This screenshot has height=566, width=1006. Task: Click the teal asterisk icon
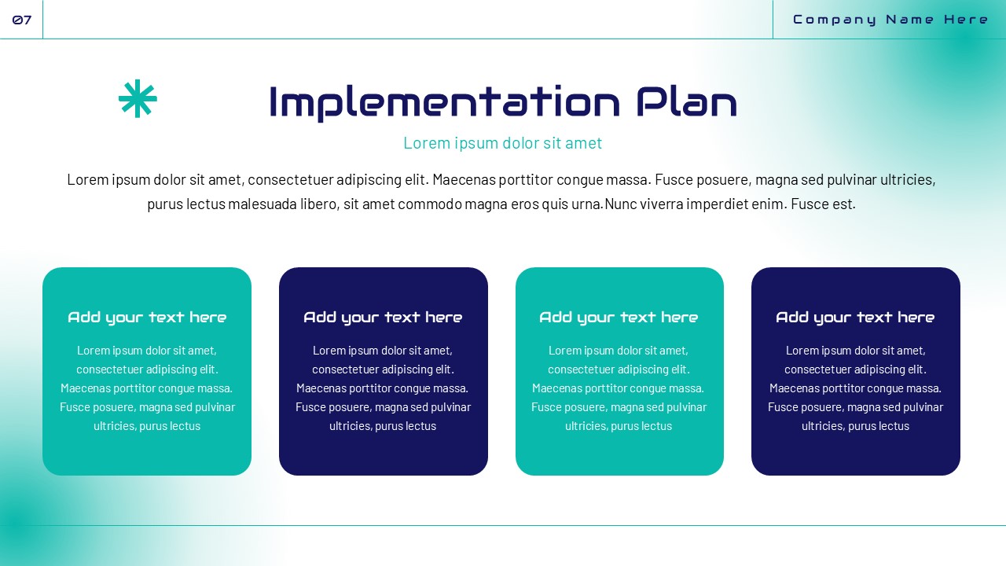tap(138, 99)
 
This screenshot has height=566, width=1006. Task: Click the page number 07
tap(22, 20)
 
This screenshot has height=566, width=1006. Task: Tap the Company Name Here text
tap(890, 20)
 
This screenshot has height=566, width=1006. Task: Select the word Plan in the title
tap(686, 103)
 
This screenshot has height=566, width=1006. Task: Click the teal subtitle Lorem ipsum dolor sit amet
tap(502, 143)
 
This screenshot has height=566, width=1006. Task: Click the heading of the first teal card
tap(147, 318)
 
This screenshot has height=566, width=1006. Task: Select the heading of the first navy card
tap(383, 318)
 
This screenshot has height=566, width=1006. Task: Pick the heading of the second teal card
tap(619, 318)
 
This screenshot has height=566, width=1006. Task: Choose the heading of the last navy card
tap(855, 318)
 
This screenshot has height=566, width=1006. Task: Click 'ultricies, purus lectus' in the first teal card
tap(147, 426)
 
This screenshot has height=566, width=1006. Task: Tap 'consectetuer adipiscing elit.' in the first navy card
tap(383, 369)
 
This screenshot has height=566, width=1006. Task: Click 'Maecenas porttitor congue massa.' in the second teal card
tap(619, 388)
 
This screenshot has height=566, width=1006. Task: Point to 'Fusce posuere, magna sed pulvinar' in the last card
tap(855, 407)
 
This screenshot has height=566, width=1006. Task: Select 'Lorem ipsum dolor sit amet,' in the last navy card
tap(855, 351)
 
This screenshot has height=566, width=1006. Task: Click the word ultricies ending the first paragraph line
tap(907, 179)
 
